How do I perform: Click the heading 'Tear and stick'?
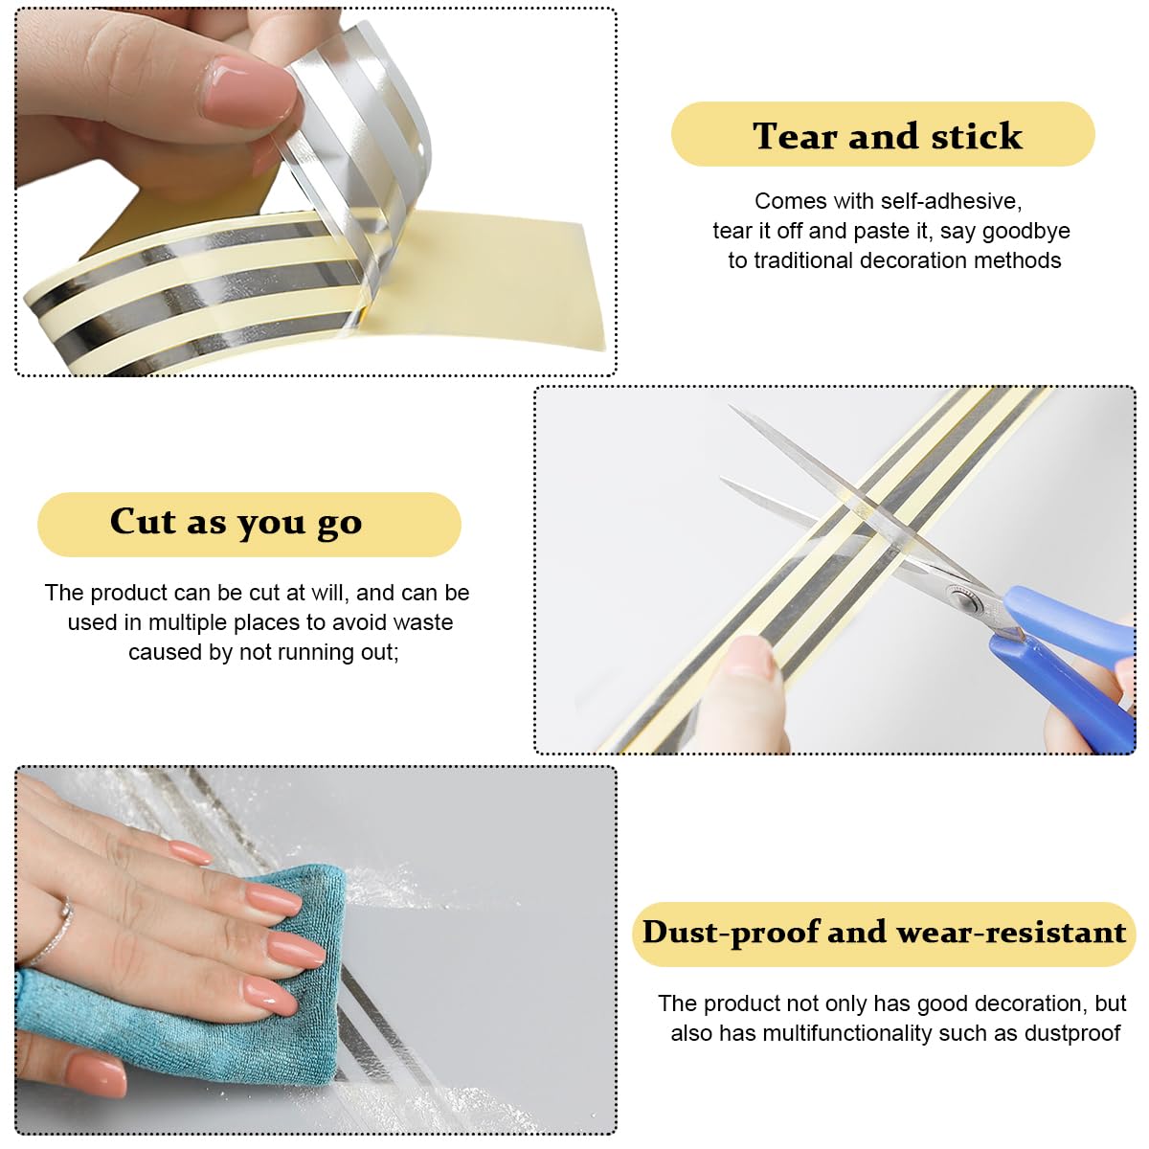click(x=887, y=135)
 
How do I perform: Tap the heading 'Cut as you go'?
click(x=237, y=522)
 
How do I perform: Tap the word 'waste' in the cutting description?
click(x=423, y=622)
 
